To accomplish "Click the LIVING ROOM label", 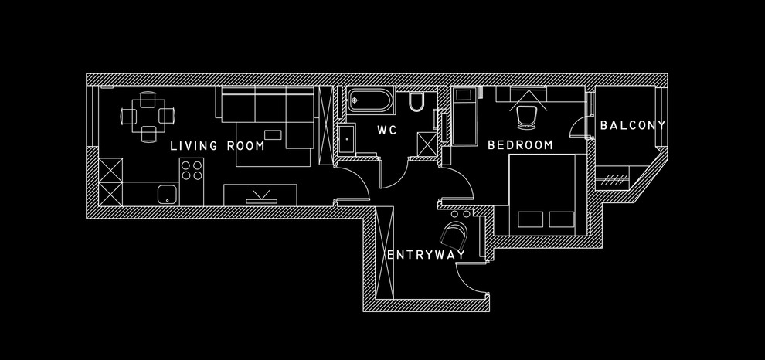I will [x=217, y=145].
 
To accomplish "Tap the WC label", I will [x=386, y=131].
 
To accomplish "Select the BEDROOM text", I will [x=520, y=144].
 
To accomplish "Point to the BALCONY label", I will [x=633, y=124].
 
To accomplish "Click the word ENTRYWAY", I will [x=426, y=254].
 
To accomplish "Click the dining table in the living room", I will [x=147, y=117].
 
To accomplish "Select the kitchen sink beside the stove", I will [x=166, y=193].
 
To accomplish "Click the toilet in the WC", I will [x=416, y=103].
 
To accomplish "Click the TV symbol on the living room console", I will [x=260, y=195].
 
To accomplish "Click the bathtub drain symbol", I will [x=354, y=100].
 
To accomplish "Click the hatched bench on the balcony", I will [x=615, y=179].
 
